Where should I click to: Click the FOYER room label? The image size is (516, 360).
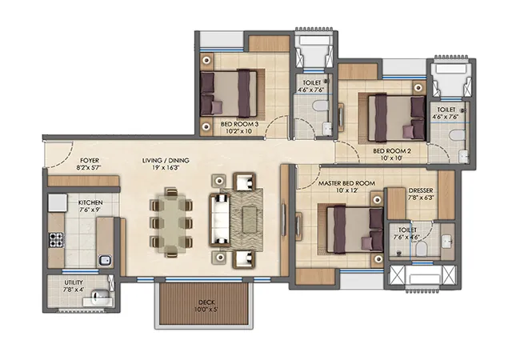click(x=90, y=161)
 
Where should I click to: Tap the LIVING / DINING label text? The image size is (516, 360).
click(x=166, y=161)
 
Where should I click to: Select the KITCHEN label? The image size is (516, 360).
click(x=90, y=202)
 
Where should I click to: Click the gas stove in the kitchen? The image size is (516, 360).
click(x=56, y=239)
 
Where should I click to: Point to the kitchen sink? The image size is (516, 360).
click(x=105, y=261)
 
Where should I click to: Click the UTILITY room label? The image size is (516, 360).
click(x=74, y=282)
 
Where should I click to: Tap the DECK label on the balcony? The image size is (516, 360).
click(x=206, y=302)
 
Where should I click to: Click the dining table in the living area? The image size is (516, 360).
click(x=171, y=223)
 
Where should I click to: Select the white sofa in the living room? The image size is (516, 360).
click(x=220, y=220)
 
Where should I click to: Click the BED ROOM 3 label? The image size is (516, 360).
click(x=239, y=124)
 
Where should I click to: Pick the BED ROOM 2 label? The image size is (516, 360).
click(x=392, y=151)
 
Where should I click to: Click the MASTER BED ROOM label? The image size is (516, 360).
click(x=346, y=183)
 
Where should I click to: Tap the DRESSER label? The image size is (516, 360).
click(x=421, y=191)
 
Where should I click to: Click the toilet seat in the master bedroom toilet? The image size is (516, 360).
click(x=421, y=249)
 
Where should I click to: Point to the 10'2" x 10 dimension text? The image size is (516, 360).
click(x=239, y=131)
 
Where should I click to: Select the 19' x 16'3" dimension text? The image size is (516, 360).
click(x=166, y=167)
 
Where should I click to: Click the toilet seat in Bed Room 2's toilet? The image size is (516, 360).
click(x=458, y=135)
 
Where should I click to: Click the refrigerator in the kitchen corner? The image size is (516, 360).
click(x=58, y=202)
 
